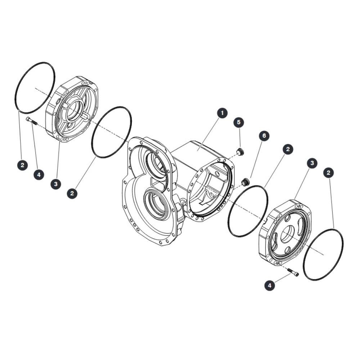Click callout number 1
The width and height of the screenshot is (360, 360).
(x=222, y=113)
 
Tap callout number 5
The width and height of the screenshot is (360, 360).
(x=239, y=122)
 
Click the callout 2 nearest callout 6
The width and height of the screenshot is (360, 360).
(x=288, y=149)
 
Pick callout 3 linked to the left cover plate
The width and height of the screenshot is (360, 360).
(x=56, y=184)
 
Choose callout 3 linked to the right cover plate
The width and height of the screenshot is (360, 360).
(x=312, y=163)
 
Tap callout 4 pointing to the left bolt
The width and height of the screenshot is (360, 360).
(x=39, y=175)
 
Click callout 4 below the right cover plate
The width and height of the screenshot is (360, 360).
(x=270, y=285)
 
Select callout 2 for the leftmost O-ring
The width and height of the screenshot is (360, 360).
(x=22, y=165)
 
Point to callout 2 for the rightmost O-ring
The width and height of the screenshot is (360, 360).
(x=328, y=173)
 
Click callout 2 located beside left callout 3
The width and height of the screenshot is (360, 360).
(x=72, y=193)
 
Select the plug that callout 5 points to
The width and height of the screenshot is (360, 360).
(x=240, y=152)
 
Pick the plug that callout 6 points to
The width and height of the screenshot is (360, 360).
(x=246, y=182)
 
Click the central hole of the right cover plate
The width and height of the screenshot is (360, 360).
(x=288, y=234)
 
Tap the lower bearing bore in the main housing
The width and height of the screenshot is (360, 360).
(x=157, y=203)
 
